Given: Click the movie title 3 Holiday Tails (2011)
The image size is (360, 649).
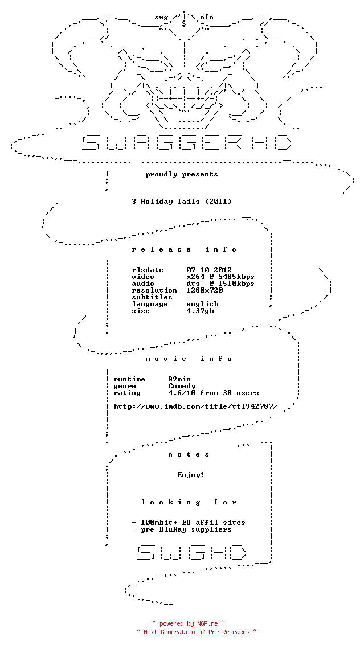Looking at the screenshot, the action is click(182, 202).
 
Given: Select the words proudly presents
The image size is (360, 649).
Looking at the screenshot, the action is click(182, 174).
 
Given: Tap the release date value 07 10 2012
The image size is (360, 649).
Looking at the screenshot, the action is click(209, 270).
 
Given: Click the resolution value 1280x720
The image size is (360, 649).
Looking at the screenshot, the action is click(204, 290).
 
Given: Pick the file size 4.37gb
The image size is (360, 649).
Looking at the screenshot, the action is click(200, 311).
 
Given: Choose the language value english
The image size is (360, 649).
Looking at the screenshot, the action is click(202, 304).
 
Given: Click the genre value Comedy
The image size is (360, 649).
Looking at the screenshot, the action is click(182, 386).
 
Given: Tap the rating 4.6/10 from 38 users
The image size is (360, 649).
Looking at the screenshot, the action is click(214, 393).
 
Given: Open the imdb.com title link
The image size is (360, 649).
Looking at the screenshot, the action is click(195, 406).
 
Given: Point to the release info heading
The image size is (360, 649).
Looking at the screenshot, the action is click(185, 249).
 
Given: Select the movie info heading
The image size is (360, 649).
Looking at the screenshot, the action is click(189, 359).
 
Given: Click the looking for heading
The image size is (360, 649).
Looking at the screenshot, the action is click(189, 502).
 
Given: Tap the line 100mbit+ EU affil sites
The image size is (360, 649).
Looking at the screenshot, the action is click(189, 523).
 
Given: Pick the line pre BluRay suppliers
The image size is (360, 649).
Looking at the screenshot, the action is click(182, 529).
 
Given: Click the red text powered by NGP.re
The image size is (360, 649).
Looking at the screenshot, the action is click(189, 623).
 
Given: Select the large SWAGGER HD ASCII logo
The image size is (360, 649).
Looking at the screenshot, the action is click(186, 142).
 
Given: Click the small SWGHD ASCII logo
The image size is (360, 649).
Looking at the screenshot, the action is click(191, 553).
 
